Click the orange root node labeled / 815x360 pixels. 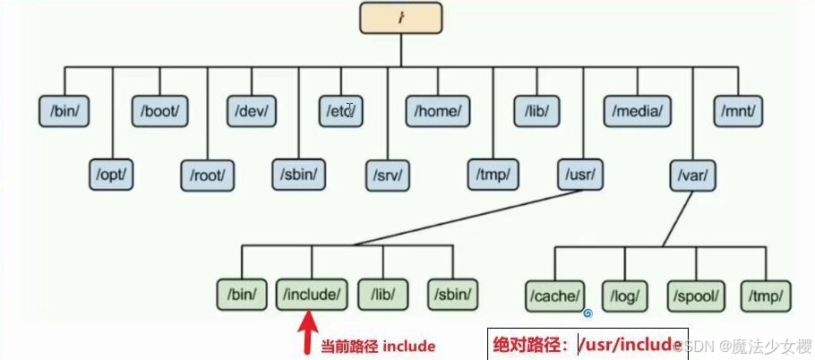click(401, 16)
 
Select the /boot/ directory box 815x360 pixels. click(160, 111)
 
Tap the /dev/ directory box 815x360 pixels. click(253, 111)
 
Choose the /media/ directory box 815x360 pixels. click(637, 111)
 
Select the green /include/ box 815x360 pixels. click(311, 292)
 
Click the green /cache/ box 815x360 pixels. click(554, 292)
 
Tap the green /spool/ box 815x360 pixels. click(694, 292)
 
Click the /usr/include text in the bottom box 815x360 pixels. click(630, 343)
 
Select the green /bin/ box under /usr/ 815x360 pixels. click(241, 292)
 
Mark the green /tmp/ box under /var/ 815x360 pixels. click(766, 292)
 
